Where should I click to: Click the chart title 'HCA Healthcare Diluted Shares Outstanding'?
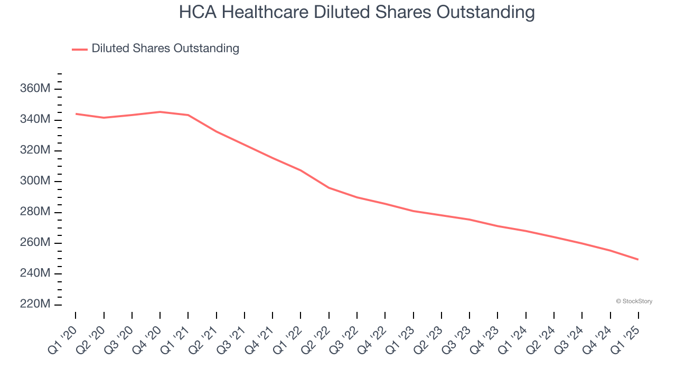click(356, 12)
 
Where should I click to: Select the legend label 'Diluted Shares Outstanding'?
click(165, 49)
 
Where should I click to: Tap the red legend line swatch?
click(80, 49)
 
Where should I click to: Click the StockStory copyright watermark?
click(634, 301)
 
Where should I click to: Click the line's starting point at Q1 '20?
click(76, 113)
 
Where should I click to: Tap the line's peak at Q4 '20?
click(160, 112)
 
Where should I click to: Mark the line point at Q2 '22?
click(329, 188)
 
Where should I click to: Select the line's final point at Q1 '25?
click(639, 260)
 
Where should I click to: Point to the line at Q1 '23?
click(414, 211)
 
